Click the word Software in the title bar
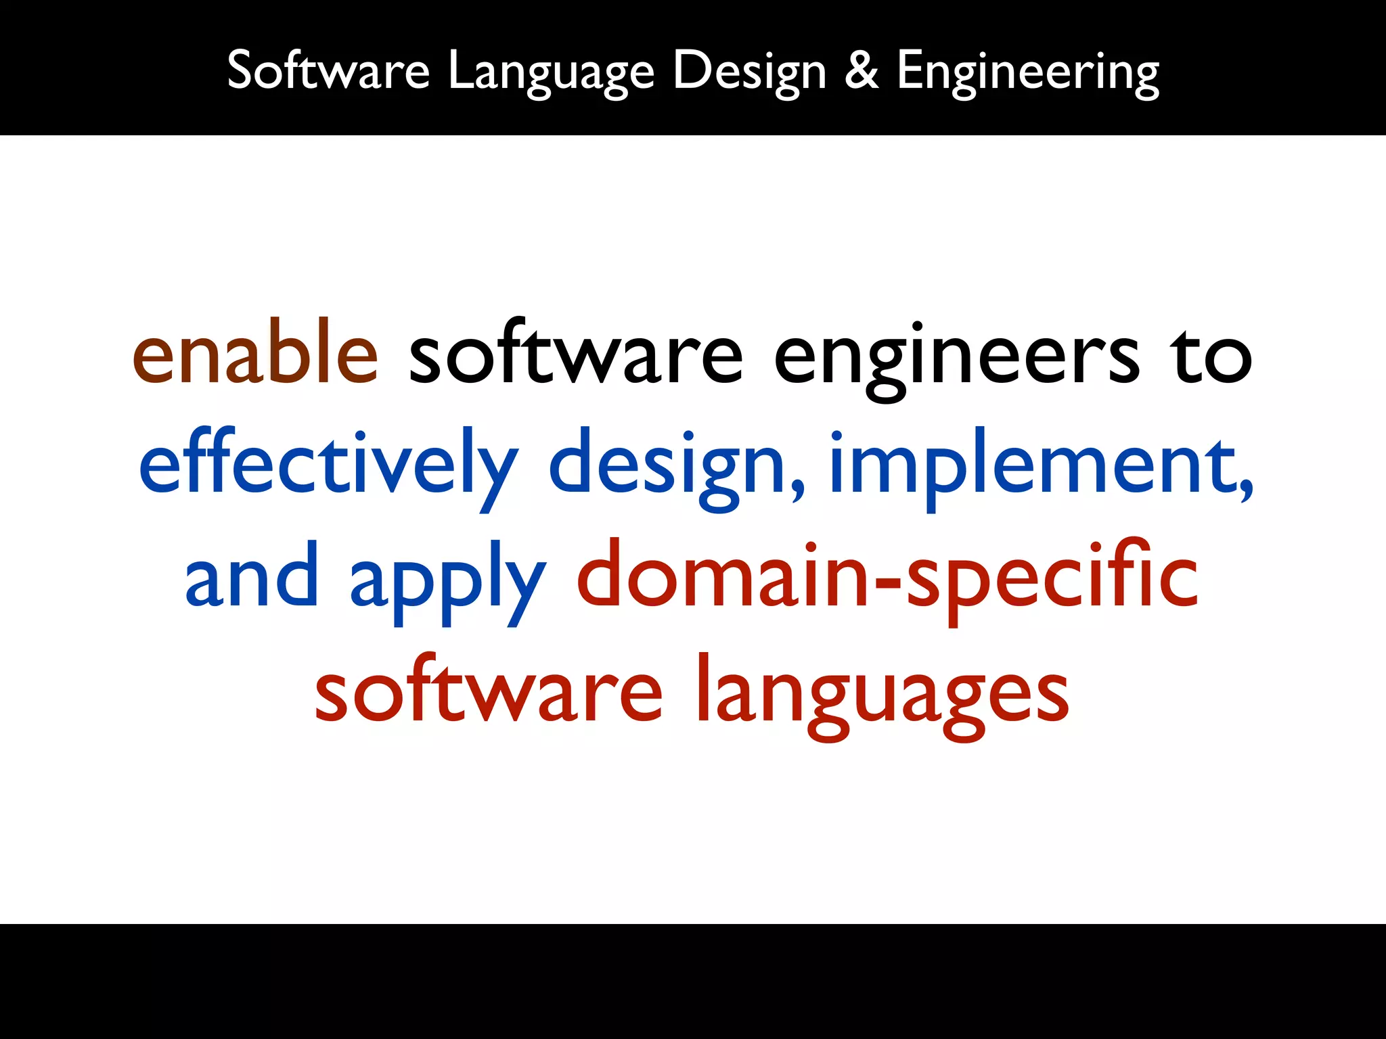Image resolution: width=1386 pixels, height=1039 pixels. click(328, 70)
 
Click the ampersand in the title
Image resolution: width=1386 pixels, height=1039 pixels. click(862, 70)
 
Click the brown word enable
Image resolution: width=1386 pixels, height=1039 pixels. click(255, 353)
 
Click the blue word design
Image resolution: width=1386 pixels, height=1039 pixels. click(666, 468)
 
